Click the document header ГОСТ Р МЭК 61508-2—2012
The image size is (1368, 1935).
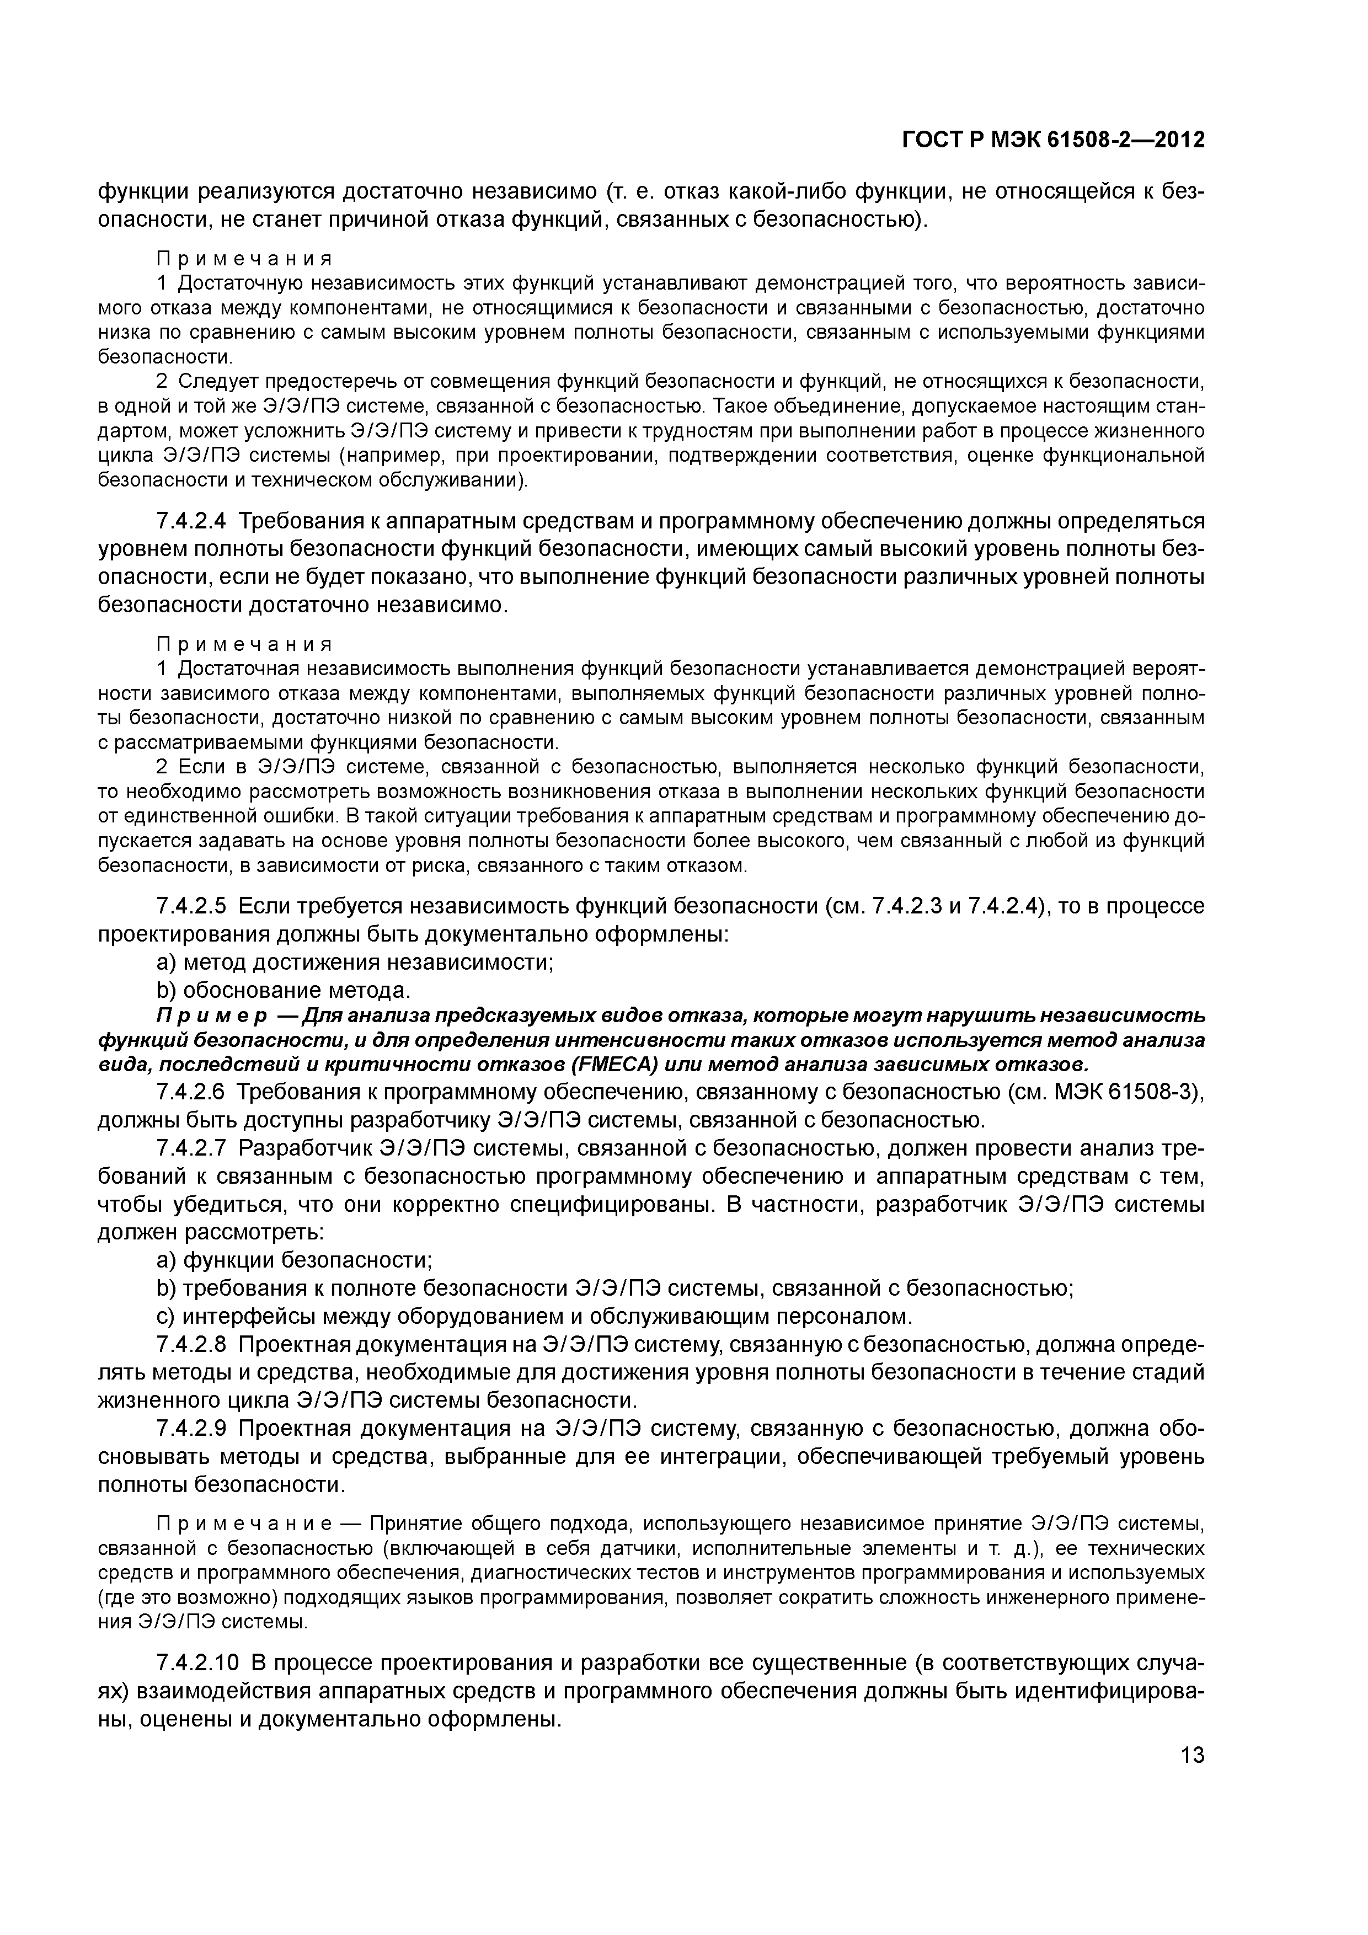point(1053,140)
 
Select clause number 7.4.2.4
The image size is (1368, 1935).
point(191,521)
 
